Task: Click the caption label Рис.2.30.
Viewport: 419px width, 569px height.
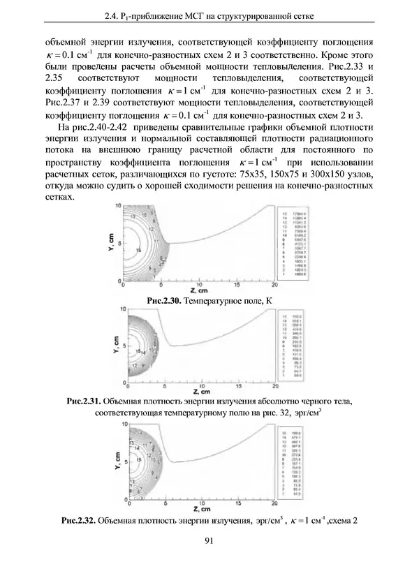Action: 165,300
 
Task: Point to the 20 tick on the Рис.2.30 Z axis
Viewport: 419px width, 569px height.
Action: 274,286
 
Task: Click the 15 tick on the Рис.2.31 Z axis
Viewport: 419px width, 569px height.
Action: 239,389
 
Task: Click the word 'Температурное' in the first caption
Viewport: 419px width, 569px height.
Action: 219,300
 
